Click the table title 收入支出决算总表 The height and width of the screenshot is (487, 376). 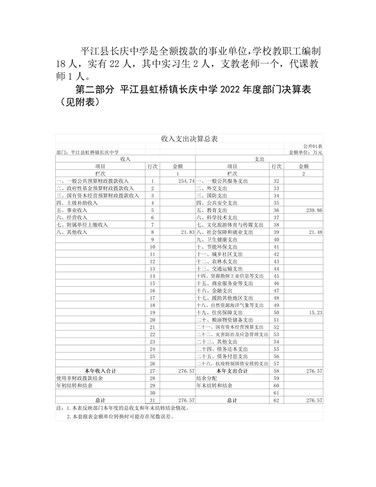pyautogui.click(x=189, y=139)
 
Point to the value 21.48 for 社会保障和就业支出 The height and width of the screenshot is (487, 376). pyautogui.click(x=314, y=232)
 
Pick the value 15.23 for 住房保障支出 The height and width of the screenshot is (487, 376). pyautogui.click(x=314, y=312)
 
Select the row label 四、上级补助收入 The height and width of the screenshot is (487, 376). pyautogui.click(x=77, y=203)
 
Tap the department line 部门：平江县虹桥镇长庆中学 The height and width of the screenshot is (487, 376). pyautogui.click(x=88, y=152)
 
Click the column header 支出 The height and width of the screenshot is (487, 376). pyautogui.click(x=259, y=159)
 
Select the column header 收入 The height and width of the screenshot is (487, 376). pyautogui.click(x=126, y=159)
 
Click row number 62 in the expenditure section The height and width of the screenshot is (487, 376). pyautogui.click(x=276, y=400)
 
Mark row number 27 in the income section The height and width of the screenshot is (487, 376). pyautogui.click(x=152, y=371)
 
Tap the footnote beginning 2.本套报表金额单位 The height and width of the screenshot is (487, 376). pyautogui.click(x=120, y=417)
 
